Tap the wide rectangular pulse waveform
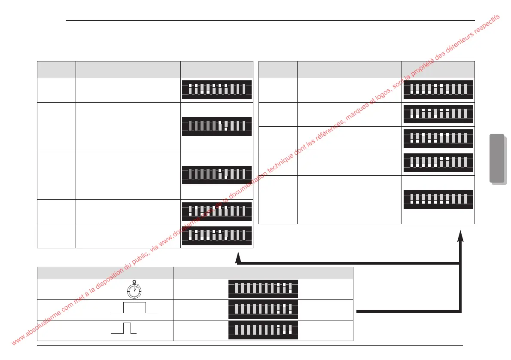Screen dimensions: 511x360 (134, 308)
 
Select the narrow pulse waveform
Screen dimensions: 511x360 (124, 328)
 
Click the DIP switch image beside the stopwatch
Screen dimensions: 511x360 (263, 288)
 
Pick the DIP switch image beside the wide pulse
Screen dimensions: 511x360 (263, 309)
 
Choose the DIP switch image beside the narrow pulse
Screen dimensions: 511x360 (263, 330)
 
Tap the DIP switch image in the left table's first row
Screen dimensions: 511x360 (216, 89)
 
